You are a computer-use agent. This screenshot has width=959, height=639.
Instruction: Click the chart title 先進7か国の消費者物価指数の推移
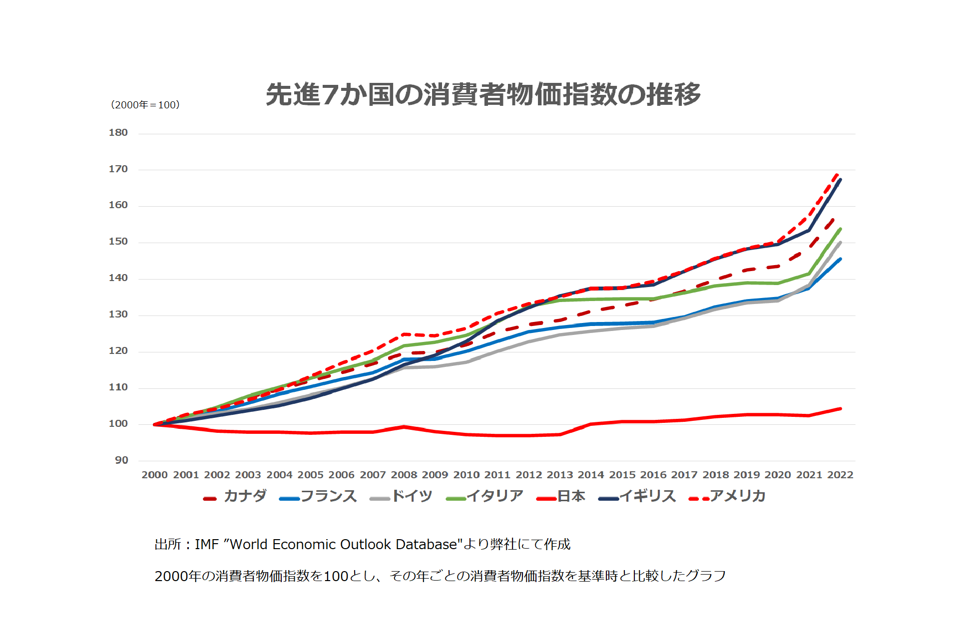pyautogui.click(x=483, y=95)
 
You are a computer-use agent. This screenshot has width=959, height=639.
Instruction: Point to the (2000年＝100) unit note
pyautogui.click(x=145, y=105)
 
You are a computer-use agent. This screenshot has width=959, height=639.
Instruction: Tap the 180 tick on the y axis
pyautogui.click(x=118, y=133)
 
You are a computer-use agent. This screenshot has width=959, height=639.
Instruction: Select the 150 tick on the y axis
pyautogui.click(x=118, y=242)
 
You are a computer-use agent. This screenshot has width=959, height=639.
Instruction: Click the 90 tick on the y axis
pyautogui.click(x=121, y=460)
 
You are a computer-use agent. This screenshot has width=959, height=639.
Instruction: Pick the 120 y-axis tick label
pyautogui.click(x=118, y=351)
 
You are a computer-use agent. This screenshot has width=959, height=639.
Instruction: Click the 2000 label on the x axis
pyautogui.click(x=154, y=475)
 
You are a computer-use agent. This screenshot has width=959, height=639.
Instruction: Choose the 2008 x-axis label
pyautogui.click(x=404, y=475)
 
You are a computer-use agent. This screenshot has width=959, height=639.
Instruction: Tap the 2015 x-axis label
pyautogui.click(x=622, y=475)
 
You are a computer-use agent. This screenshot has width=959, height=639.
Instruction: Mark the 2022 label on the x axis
pyautogui.click(x=840, y=475)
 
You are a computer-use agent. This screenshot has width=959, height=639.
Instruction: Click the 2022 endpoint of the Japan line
pyautogui.click(x=841, y=409)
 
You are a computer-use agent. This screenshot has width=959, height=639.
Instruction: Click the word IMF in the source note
pyautogui.click(x=206, y=544)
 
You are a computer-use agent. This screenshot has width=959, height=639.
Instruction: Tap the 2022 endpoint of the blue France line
pyautogui.click(x=841, y=259)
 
